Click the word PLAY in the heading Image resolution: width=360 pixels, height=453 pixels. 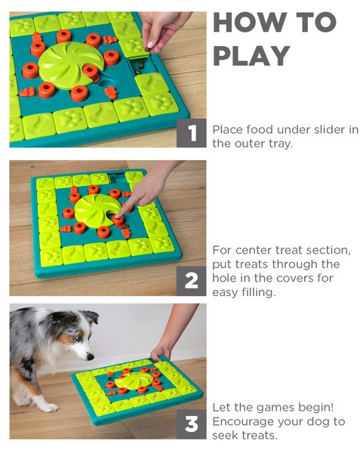251,56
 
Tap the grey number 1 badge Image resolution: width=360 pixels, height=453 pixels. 192,133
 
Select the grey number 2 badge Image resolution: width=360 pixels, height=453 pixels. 192,281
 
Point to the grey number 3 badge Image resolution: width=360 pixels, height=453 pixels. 192,424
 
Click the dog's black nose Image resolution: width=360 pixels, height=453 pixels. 91,357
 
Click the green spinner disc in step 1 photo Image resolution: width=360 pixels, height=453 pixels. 71,65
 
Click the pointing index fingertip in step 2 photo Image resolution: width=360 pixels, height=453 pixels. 118,216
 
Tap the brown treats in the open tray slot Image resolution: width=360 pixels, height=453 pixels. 141,66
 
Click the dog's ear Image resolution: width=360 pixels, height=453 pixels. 90,316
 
